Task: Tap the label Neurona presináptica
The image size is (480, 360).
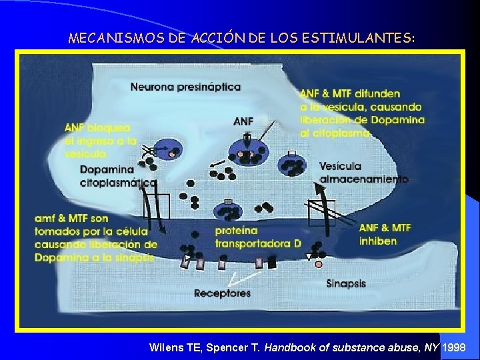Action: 185,87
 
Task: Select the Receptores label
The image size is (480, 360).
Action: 222,293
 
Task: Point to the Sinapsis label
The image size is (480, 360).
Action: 346,283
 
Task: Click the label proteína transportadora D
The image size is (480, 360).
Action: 257,237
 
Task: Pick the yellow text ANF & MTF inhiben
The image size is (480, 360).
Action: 385,234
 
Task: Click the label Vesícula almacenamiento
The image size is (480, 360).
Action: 363,173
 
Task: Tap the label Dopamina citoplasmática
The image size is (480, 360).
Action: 118,176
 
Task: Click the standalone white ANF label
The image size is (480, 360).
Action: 243,121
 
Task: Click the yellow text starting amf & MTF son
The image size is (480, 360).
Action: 96,237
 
